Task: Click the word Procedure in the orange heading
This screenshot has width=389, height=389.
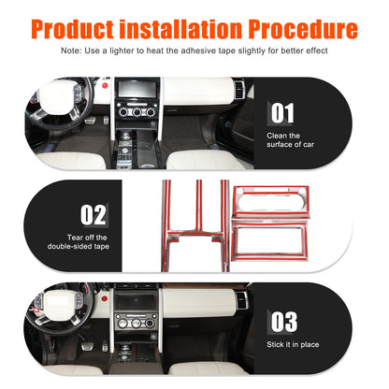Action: (303, 29)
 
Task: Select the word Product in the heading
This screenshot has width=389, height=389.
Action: (72, 29)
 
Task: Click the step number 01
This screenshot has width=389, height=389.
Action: (282, 113)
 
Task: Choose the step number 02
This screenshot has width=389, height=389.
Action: (93, 215)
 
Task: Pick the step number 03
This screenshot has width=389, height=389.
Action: (284, 322)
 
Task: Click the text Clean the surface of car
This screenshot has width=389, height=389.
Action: (290, 140)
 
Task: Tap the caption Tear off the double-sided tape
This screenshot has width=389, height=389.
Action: (79, 242)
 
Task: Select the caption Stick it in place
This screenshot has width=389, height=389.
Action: (293, 344)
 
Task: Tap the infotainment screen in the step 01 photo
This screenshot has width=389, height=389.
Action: (137, 89)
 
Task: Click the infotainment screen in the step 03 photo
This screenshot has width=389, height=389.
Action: (136, 301)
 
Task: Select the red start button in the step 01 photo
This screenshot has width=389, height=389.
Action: (105, 85)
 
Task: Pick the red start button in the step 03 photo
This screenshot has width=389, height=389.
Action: (105, 298)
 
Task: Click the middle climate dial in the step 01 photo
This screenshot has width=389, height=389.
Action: (137, 112)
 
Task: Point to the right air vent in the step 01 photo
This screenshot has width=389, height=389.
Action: (239, 91)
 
